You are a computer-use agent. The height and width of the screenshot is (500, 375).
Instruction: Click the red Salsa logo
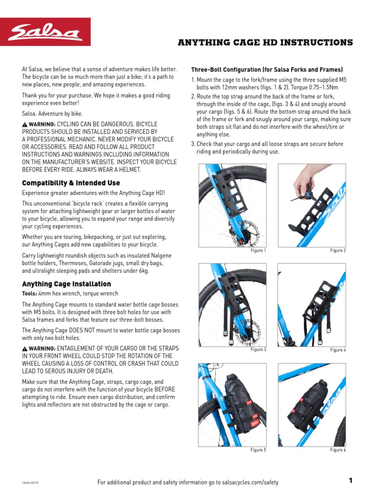point(45,32)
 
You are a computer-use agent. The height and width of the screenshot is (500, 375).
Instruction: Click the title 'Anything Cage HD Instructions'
point(265,43)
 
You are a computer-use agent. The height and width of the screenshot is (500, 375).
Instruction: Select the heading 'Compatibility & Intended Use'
point(71,183)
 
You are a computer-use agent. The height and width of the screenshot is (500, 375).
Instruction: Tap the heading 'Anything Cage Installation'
point(66,284)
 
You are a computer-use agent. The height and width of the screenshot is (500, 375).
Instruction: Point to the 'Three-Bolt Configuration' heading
point(267,69)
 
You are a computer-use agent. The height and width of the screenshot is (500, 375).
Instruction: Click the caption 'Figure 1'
point(258,250)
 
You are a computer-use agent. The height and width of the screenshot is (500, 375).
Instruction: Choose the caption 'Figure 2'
point(338,250)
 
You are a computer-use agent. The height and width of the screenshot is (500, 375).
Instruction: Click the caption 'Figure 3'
point(258,350)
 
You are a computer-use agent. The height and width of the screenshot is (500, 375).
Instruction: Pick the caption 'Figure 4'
point(338,350)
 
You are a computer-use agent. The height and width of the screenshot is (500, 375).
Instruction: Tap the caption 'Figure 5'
point(258,450)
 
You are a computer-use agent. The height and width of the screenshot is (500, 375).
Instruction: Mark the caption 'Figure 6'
point(338,450)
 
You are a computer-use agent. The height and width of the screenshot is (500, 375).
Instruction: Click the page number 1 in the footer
point(350,481)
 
